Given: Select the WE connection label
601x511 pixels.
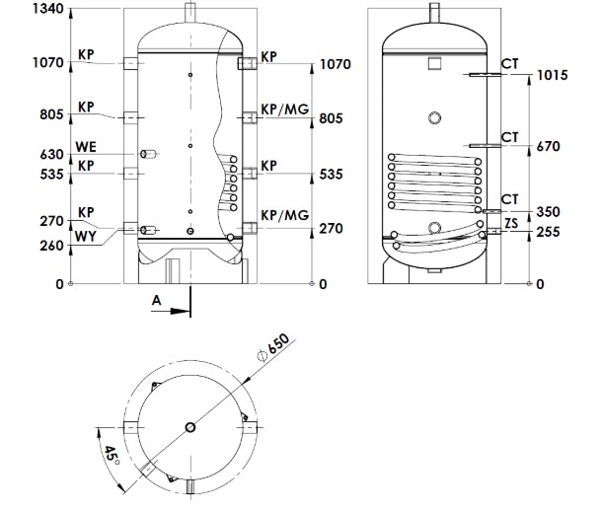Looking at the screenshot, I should tap(86, 148).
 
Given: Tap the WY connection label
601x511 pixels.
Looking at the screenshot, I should tap(86, 239).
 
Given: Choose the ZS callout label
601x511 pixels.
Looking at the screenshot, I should tap(511, 225).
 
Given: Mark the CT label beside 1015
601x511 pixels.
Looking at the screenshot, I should tap(510, 63).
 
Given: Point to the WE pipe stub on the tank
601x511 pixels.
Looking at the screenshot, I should tap(150, 155).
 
